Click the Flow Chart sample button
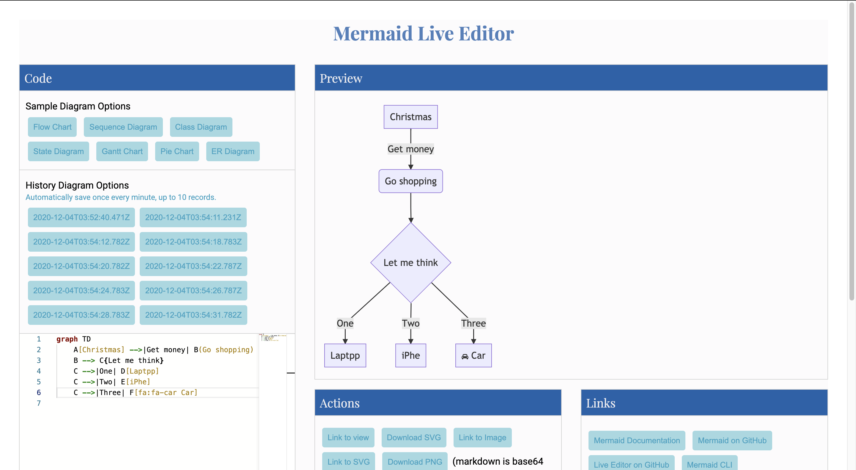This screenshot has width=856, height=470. click(52, 127)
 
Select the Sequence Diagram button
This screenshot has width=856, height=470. click(123, 127)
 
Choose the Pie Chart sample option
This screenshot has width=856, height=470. click(177, 151)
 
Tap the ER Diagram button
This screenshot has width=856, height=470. click(233, 151)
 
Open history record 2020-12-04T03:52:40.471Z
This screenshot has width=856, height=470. click(81, 217)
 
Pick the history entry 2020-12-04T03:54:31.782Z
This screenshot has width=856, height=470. click(193, 315)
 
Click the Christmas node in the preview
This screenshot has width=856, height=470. click(410, 117)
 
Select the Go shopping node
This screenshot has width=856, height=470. click(410, 181)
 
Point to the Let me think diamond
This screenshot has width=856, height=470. click(410, 262)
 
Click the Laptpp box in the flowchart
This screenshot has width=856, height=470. click(345, 355)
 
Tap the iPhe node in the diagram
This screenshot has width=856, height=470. click(410, 355)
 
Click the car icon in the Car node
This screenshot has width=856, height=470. click(465, 356)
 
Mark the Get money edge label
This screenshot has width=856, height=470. click(410, 149)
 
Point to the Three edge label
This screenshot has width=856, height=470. click(473, 323)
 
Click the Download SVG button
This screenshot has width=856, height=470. click(414, 437)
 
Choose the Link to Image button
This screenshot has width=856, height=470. click(482, 437)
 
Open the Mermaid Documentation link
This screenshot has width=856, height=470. click(636, 440)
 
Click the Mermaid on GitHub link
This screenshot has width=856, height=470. click(732, 440)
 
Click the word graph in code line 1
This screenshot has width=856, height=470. click(67, 339)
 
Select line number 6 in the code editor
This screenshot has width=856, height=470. click(39, 392)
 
